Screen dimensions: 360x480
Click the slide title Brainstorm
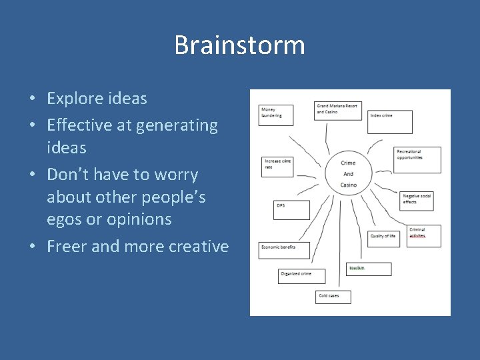[x=239, y=45]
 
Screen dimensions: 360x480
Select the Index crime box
[x=390, y=121]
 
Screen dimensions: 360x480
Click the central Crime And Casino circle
[x=348, y=173]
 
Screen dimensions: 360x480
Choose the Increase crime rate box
[x=278, y=167]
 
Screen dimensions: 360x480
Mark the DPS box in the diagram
[x=291, y=210]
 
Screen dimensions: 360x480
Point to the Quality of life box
[x=384, y=239]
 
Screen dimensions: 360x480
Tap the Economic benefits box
[x=285, y=251]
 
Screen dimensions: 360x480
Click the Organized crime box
[x=301, y=276]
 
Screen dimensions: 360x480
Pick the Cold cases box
[x=333, y=297]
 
